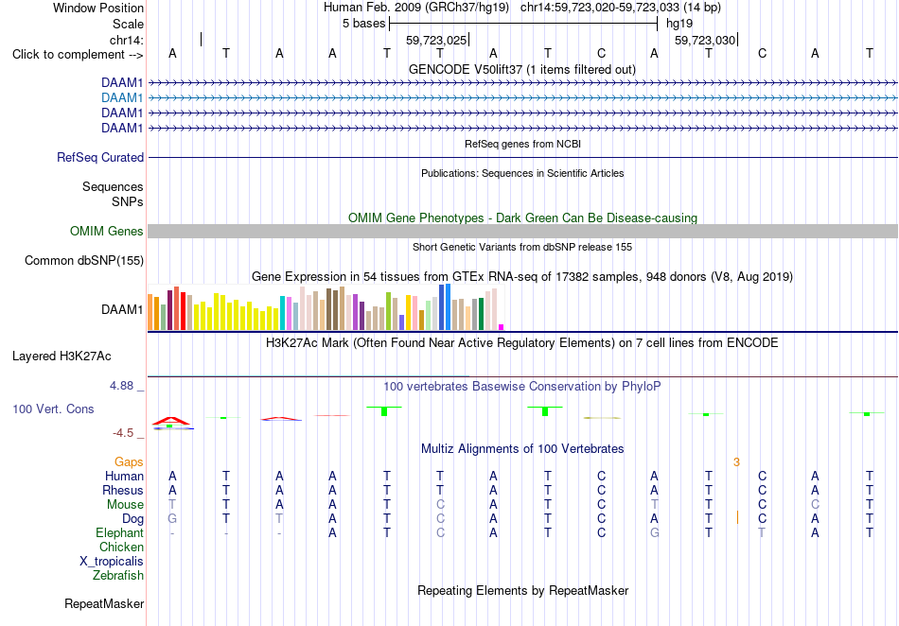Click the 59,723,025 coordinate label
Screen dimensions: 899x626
[x=436, y=40]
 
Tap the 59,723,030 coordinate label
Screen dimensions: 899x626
[x=705, y=40]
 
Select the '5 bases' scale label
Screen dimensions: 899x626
[x=364, y=24]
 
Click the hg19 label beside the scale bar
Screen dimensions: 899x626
[x=679, y=24]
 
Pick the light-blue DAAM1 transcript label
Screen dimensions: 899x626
[x=122, y=98]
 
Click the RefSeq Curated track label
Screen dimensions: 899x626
[x=100, y=158]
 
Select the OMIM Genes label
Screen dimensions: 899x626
[x=107, y=231]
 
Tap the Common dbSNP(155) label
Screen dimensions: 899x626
[x=84, y=261]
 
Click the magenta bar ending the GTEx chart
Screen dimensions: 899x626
[x=502, y=327]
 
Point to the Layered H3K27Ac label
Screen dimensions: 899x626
[x=62, y=356]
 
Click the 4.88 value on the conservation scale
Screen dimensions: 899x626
[x=121, y=386]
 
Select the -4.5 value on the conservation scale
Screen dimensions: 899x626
[x=123, y=433]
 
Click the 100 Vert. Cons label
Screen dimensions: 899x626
[x=53, y=409]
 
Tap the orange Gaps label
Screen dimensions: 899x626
[x=129, y=461]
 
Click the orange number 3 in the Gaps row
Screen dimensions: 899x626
[x=737, y=462]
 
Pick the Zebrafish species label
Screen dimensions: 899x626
[x=118, y=575]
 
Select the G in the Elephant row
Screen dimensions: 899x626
[x=654, y=532]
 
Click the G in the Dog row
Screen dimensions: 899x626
[x=172, y=518]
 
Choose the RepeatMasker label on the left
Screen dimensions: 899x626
[x=104, y=603]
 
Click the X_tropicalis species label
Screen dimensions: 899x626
[x=112, y=562]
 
